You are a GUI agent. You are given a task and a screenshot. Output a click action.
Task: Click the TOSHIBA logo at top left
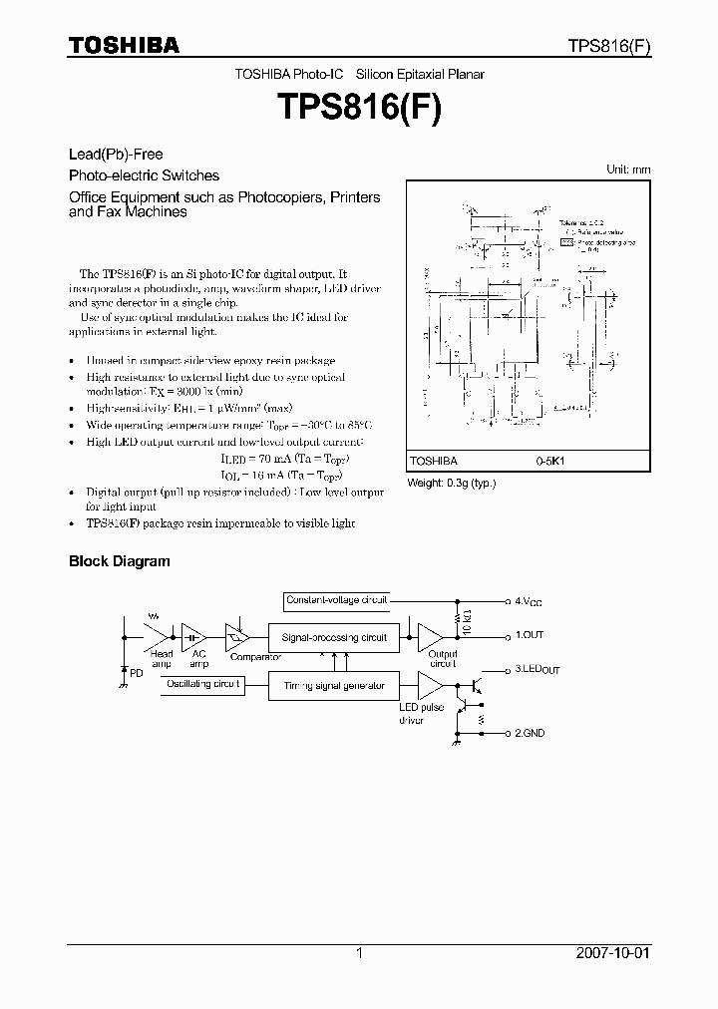[124, 45]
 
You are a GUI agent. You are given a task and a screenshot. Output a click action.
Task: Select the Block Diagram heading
[119, 561]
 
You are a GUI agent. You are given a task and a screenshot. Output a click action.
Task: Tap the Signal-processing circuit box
[334, 636]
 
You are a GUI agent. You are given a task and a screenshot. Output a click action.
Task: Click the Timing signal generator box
[334, 686]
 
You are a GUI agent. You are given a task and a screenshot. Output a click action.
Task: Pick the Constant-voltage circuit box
[337, 600]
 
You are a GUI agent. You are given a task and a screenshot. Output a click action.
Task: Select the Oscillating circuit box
[205, 684]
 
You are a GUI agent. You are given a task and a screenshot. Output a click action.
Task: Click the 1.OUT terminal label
[530, 635]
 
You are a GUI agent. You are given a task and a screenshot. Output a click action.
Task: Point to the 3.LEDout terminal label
[537, 669]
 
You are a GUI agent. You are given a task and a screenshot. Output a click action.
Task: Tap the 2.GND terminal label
[531, 733]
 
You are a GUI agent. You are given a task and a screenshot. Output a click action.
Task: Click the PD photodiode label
[137, 674]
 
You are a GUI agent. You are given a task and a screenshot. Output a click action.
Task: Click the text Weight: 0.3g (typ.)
[451, 483]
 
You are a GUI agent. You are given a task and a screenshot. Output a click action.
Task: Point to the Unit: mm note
[628, 169]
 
